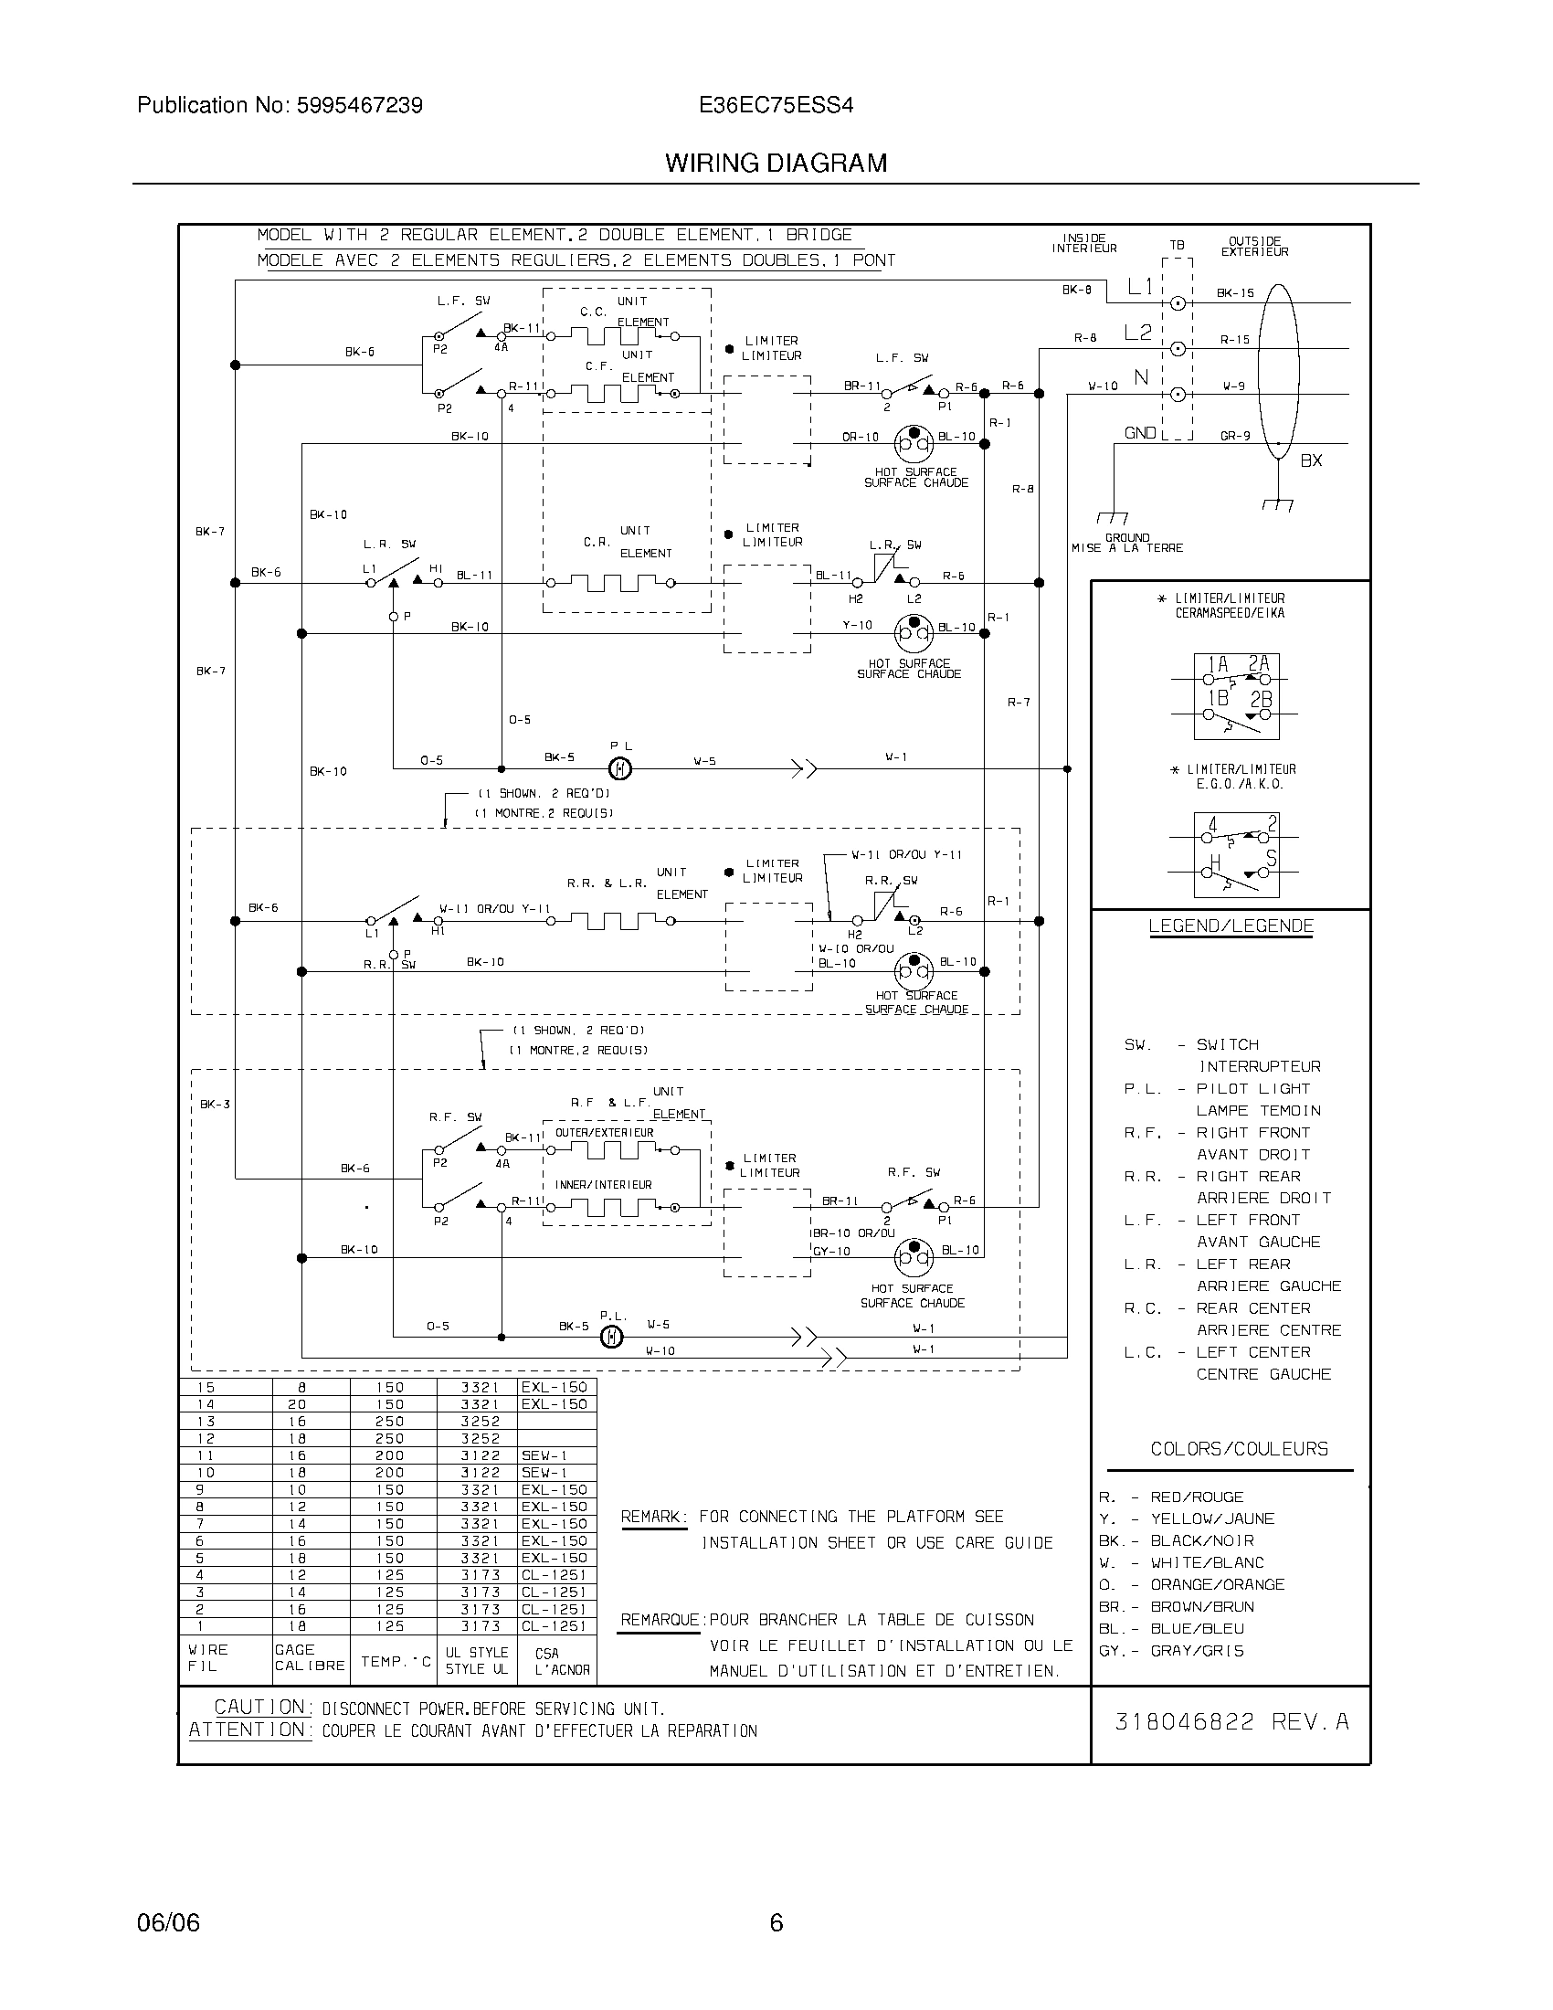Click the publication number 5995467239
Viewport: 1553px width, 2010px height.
pos(359,106)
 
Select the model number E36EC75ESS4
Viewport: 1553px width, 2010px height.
pos(776,106)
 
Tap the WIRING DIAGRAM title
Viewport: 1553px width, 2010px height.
pos(776,163)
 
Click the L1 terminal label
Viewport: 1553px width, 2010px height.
pos(1140,287)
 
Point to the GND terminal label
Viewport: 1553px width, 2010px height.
pos(1140,433)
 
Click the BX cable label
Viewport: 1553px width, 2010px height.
pos(1311,460)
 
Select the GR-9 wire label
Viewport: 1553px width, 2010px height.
pos(1235,436)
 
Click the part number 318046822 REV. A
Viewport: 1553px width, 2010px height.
pos(1231,1722)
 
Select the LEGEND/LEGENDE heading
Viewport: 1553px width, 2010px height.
pos(1231,926)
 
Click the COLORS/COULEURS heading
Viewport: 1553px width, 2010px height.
pos(1239,1450)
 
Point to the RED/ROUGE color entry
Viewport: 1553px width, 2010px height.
pos(1196,1497)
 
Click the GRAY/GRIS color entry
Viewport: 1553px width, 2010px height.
pos(1196,1651)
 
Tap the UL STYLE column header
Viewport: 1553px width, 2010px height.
pos(477,1653)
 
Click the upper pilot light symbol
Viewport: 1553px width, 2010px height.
pos(621,767)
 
